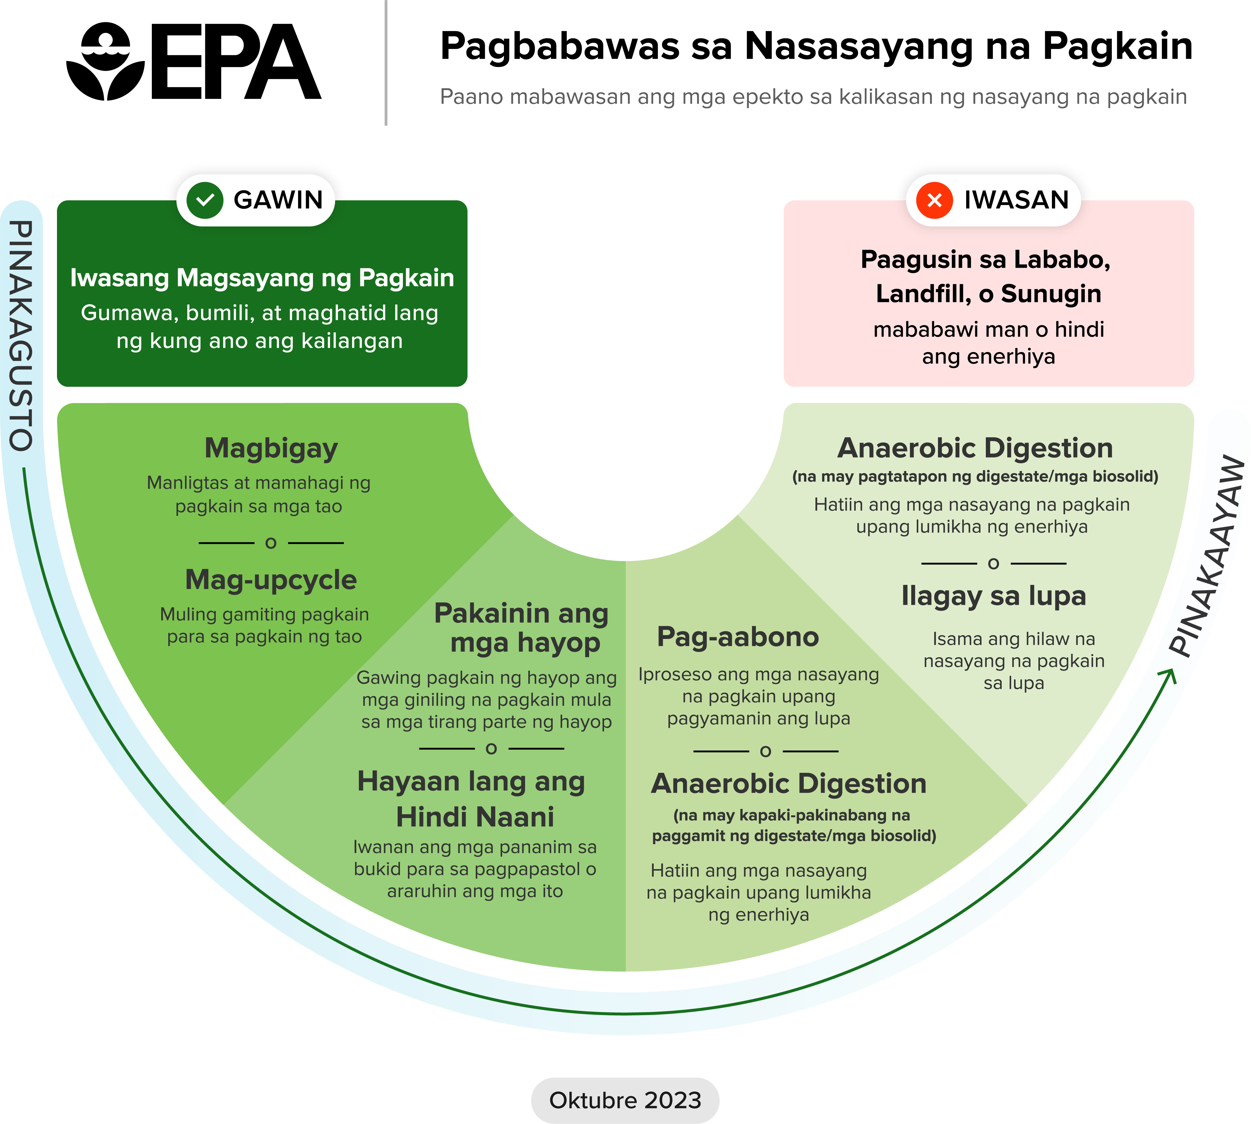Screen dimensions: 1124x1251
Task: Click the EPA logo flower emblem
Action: [x=105, y=62]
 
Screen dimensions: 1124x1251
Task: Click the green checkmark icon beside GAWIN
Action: [x=204, y=200]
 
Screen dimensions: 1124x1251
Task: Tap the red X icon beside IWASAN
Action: [x=934, y=200]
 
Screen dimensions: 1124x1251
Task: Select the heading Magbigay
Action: [x=271, y=448]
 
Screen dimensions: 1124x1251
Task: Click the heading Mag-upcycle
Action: [x=271, y=580]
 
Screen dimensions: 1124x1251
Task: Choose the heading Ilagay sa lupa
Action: [x=993, y=596]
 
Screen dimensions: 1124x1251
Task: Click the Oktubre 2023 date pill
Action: [x=625, y=1100]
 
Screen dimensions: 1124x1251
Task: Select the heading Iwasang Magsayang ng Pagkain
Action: [x=262, y=278]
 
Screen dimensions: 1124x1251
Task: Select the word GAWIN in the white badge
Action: [x=278, y=200]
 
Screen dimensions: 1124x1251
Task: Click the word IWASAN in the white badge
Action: [x=1016, y=200]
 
